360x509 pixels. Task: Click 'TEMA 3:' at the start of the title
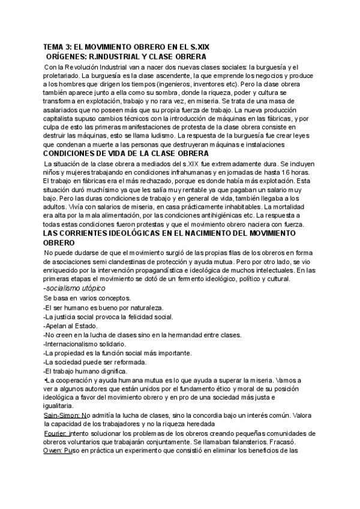point(59,46)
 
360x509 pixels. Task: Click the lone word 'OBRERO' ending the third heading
point(59,242)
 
